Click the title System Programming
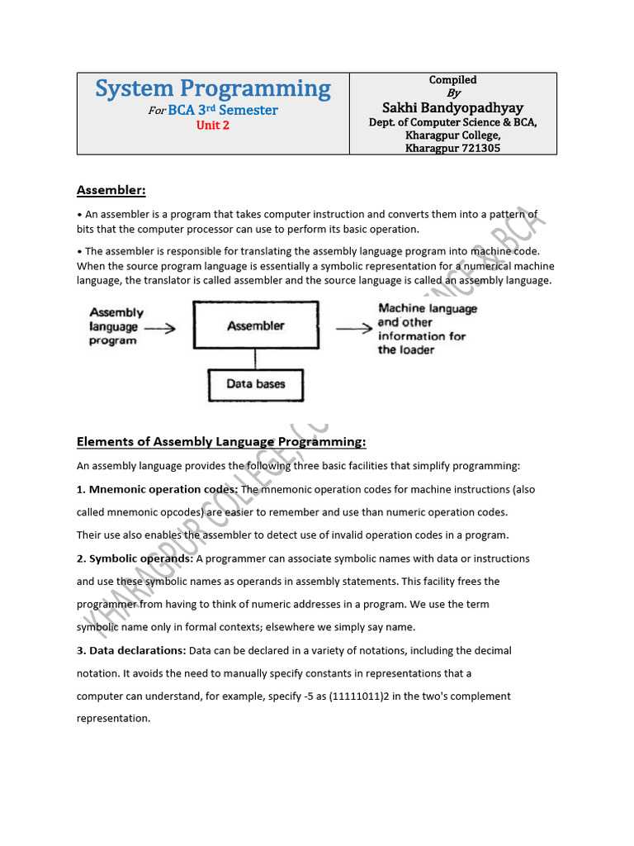pos(213,89)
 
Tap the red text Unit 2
pos(213,126)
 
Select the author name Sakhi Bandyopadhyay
pos(452,108)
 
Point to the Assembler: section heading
pos(111,191)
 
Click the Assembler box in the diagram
pos(255,326)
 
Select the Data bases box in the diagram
pos(255,384)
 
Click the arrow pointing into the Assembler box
pos(160,328)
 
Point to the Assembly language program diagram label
pos(116,326)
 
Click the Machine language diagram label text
pos(428,309)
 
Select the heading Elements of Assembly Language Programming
pos(220,442)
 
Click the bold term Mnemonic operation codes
pos(157,489)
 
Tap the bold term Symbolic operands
pos(135,558)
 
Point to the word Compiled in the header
pos(452,80)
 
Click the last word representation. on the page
pos(113,719)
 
